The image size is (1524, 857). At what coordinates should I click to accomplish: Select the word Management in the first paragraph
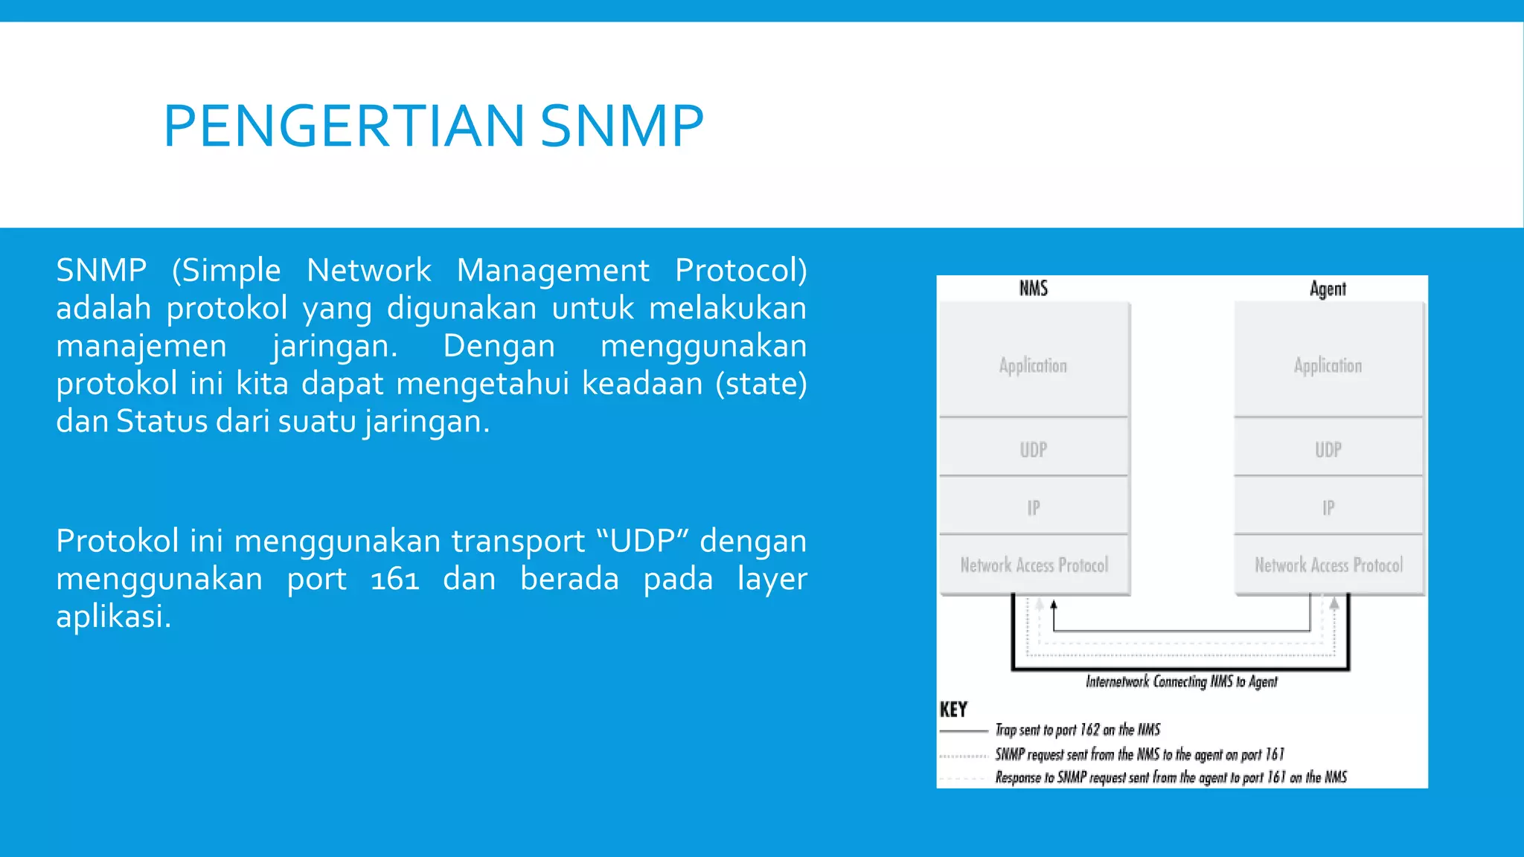553,270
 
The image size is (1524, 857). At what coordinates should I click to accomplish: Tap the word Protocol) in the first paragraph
740,270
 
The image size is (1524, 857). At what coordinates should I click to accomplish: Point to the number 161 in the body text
394,579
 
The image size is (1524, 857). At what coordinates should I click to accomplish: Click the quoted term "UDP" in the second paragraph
641,541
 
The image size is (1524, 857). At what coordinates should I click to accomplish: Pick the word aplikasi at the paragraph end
113,616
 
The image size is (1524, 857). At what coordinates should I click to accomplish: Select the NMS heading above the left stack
1033,289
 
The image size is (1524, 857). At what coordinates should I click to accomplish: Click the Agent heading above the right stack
1328,289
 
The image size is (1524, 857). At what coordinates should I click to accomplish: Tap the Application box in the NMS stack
1033,365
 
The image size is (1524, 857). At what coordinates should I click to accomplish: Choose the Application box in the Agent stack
1328,365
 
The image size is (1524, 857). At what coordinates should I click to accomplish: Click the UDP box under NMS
1033,449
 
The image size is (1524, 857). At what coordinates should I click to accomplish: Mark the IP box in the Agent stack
1328,507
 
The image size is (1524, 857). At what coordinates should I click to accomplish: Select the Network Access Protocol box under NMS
1033,565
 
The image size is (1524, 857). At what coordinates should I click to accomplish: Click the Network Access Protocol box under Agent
1328,565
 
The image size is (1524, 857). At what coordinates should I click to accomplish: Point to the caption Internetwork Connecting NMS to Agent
1181,681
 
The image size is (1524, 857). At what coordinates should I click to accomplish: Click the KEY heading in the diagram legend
953,709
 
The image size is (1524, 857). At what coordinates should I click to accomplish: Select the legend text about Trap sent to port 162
1078,730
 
